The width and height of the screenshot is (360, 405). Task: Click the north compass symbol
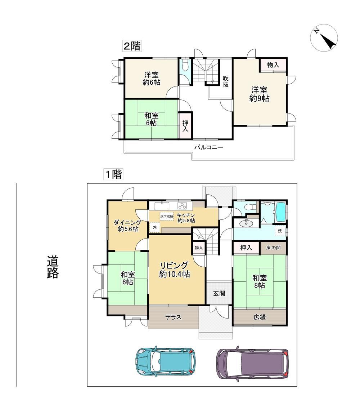[324, 38]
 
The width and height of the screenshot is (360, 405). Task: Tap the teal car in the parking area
[165, 361]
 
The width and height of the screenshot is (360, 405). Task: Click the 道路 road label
[53, 267]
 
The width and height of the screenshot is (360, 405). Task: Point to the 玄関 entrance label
[219, 293]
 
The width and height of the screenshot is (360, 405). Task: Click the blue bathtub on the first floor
[280, 212]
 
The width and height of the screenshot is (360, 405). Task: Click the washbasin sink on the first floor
[246, 223]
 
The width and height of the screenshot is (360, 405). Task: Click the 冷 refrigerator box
[155, 228]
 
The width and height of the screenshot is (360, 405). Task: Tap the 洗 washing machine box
[280, 231]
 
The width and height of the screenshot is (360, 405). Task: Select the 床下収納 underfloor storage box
[167, 216]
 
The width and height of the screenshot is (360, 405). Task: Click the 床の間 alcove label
[273, 248]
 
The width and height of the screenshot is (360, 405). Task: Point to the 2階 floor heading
[132, 46]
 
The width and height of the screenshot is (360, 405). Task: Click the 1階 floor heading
[113, 174]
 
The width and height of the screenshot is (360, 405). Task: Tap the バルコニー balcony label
[208, 147]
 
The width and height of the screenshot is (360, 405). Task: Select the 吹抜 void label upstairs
[226, 81]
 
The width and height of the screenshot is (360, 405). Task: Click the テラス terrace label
[174, 317]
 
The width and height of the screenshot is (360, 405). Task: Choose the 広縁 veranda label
[260, 317]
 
